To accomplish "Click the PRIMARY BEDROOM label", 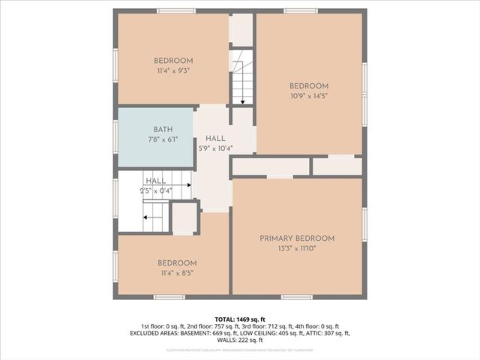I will click(x=297, y=238).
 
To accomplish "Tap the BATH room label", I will click(x=163, y=129).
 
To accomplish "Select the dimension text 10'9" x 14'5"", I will click(x=309, y=95).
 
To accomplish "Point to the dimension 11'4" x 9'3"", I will click(x=173, y=70).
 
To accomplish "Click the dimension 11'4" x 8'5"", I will click(x=177, y=273).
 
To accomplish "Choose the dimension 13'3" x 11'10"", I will click(x=297, y=248).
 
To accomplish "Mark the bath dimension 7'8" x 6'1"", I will click(x=163, y=139).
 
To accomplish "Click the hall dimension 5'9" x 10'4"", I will click(x=215, y=148).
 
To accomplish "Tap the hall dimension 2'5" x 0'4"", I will click(x=156, y=190).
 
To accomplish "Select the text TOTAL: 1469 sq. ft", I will click(x=240, y=319).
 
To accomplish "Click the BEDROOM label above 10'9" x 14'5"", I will click(x=309, y=85).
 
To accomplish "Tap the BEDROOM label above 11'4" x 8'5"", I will click(x=177, y=263).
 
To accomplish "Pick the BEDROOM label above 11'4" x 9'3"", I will click(x=173, y=61).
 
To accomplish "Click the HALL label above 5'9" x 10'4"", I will click(x=215, y=139).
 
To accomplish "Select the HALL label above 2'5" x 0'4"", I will click(x=156, y=181).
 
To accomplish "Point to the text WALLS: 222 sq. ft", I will click(x=240, y=340).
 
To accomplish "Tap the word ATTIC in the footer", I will click(x=315, y=333).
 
